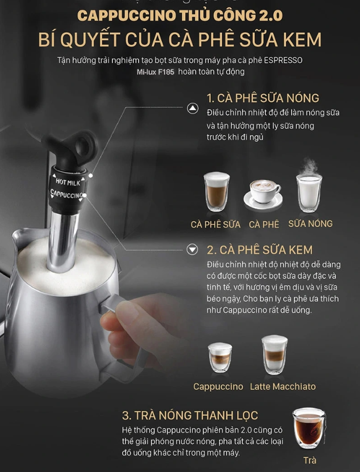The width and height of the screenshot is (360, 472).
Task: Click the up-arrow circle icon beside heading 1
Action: click(x=193, y=108)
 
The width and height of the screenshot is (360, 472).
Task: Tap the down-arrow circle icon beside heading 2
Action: click(x=192, y=250)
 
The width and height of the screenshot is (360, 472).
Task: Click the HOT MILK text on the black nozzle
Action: click(x=68, y=182)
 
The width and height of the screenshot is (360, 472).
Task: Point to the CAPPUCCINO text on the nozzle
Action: click(x=66, y=194)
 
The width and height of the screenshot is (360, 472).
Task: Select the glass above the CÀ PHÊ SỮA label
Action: click(x=216, y=191)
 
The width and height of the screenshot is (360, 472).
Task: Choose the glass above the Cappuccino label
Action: click(x=220, y=358)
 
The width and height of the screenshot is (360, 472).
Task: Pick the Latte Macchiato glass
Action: click(x=275, y=355)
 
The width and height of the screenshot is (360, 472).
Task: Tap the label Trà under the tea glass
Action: click(x=310, y=460)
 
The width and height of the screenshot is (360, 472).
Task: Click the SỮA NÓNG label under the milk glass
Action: click(x=310, y=223)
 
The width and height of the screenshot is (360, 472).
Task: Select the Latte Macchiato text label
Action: click(x=283, y=387)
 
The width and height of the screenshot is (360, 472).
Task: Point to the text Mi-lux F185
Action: click(x=155, y=72)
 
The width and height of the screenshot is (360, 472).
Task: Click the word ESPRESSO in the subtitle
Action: click(x=283, y=60)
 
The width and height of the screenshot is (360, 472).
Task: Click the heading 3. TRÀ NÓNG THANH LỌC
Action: click(x=190, y=415)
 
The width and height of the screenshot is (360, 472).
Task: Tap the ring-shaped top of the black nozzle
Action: click(x=86, y=147)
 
